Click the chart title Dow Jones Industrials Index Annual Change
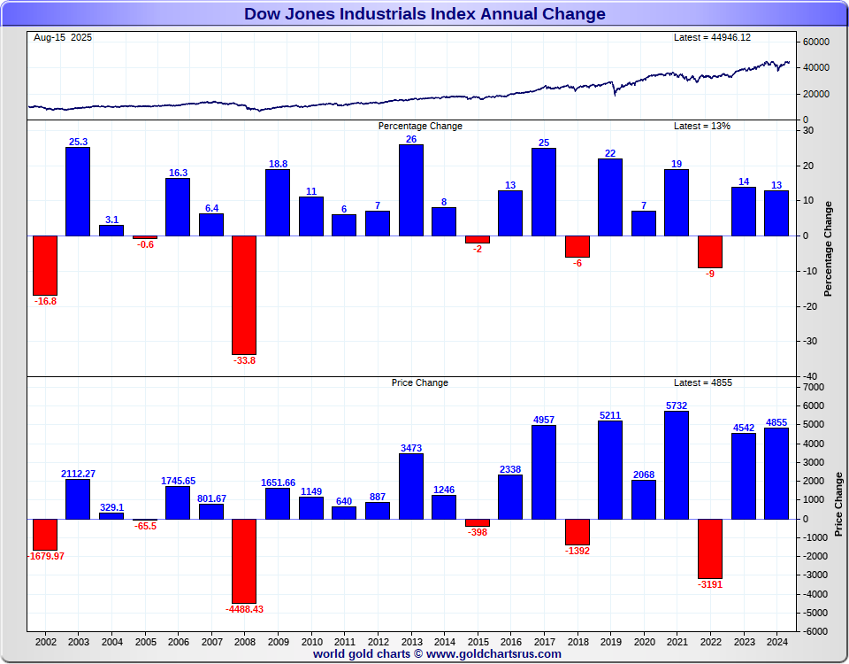[424, 13]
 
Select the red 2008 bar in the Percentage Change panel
[244, 294]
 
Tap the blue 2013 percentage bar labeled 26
[410, 189]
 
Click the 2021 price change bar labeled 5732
[677, 465]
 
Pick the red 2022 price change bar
[710, 548]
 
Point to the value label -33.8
[244, 360]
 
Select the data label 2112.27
[78, 474]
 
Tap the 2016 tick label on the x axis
[510, 641]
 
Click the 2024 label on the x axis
[776, 641]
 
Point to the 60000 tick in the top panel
[816, 42]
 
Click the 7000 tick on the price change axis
[814, 387]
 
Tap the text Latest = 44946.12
[713, 37]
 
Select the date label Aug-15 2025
[63, 37]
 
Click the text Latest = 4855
[703, 382]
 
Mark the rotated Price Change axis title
[838, 505]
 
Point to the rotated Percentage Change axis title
[828, 249]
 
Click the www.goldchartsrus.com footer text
[493, 654]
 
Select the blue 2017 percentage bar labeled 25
[544, 191]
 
